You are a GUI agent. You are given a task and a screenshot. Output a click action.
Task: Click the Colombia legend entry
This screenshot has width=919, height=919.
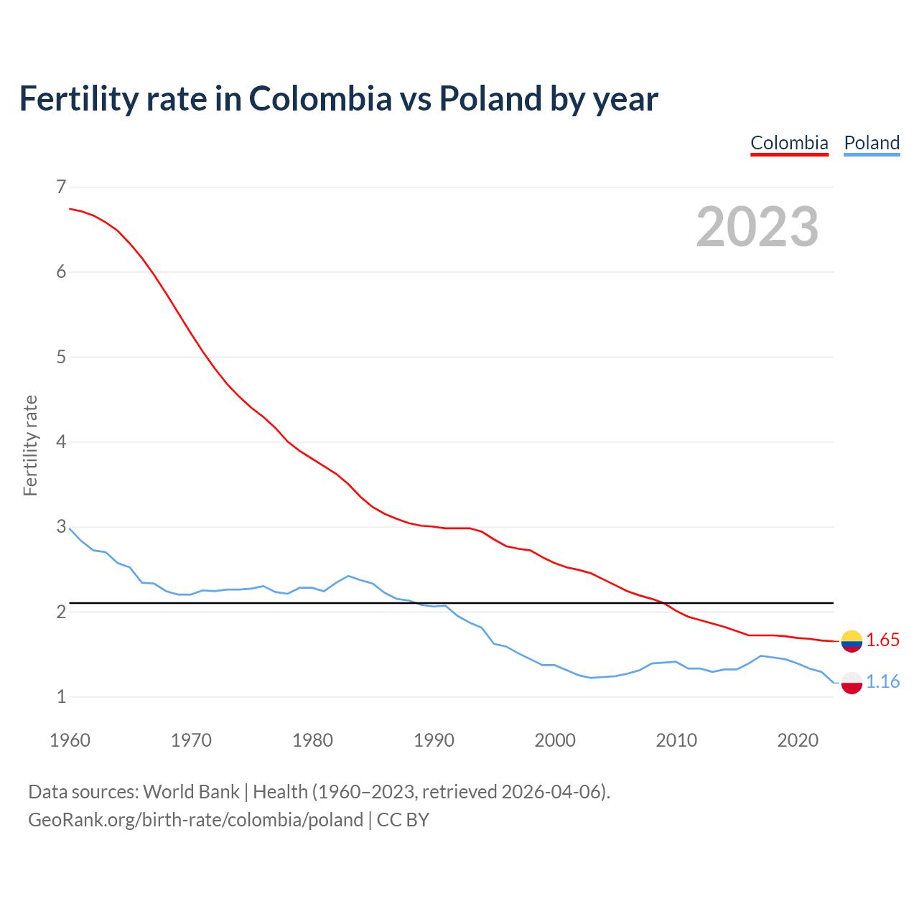pyautogui.click(x=789, y=143)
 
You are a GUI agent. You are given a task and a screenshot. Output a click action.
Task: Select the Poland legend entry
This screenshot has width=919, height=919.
pyautogui.click(x=872, y=143)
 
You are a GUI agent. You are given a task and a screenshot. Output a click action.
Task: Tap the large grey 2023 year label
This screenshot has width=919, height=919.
pyautogui.click(x=757, y=227)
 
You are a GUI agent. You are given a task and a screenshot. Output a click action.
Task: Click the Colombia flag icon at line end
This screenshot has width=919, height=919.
pyautogui.click(x=852, y=640)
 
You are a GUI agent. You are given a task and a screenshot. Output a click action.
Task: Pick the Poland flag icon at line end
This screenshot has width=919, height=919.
pyautogui.click(x=852, y=682)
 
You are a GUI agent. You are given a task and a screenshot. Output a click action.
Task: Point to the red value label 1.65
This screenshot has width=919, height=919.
pyautogui.click(x=882, y=640)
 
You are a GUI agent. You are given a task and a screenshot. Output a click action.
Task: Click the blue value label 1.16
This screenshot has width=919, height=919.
pyautogui.click(x=882, y=681)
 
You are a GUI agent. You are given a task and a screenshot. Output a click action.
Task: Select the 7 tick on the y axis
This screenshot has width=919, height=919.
pyautogui.click(x=61, y=187)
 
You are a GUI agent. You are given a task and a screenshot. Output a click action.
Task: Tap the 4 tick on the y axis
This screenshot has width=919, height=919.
pyautogui.click(x=61, y=442)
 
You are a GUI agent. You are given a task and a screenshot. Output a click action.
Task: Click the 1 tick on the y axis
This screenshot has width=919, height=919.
pyautogui.click(x=61, y=696)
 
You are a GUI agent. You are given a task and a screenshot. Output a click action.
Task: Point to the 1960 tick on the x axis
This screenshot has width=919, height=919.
pyautogui.click(x=70, y=740)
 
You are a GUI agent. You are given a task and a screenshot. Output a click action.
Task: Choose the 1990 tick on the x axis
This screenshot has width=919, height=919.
pyautogui.click(x=434, y=740)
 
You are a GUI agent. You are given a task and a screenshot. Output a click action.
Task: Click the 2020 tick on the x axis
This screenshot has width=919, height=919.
pyautogui.click(x=798, y=740)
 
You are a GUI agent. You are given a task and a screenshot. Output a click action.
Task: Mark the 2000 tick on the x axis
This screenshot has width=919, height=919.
pyautogui.click(x=555, y=740)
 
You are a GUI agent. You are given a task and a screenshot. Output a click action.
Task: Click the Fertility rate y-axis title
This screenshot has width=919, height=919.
pyautogui.click(x=30, y=445)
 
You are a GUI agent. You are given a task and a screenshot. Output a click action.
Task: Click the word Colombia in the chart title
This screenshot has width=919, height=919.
pyautogui.click(x=320, y=99)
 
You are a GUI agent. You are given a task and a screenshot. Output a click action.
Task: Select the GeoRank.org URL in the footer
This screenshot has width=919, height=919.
pyautogui.click(x=195, y=820)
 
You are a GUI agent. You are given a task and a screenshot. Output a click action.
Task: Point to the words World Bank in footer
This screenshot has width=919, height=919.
pyautogui.click(x=191, y=792)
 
